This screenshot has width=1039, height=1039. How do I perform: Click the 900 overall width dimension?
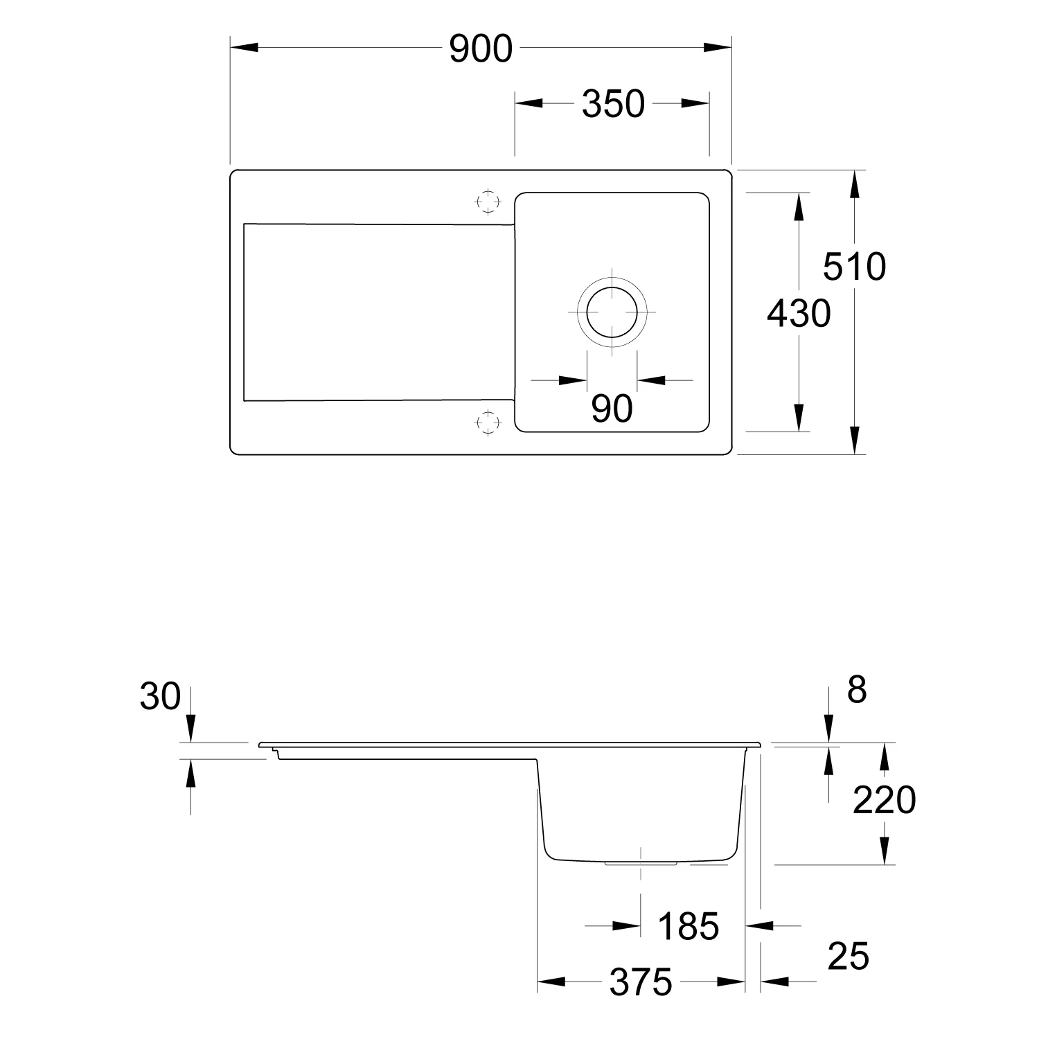click(481, 48)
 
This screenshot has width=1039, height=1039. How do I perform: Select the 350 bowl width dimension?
click(613, 104)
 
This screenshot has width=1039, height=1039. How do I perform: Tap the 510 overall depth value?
click(854, 267)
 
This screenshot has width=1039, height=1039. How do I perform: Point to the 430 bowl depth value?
click(799, 314)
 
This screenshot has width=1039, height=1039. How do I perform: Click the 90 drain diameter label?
click(612, 409)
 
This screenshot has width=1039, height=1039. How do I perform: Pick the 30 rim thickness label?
click(160, 696)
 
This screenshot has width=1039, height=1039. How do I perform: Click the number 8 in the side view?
click(857, 690)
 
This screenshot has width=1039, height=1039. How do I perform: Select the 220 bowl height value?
click(884, 801)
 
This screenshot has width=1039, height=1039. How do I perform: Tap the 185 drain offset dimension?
click(688, 926)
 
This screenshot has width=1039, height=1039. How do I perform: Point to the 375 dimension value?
click(641, 982)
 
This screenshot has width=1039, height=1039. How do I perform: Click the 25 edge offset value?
click(848, 957)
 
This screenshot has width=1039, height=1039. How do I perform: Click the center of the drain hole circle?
click(612, 312)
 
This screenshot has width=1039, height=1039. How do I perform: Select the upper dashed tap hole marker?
click(488, 201)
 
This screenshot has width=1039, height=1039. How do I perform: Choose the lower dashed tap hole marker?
click(488, 422)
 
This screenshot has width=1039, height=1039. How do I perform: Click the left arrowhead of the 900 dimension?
click(244, 48)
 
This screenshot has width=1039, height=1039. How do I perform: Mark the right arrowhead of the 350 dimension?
click(695, 103)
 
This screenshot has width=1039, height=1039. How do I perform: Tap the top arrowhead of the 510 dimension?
click(855, 184)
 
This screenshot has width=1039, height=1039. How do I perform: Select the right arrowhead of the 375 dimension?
click(731, 982)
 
